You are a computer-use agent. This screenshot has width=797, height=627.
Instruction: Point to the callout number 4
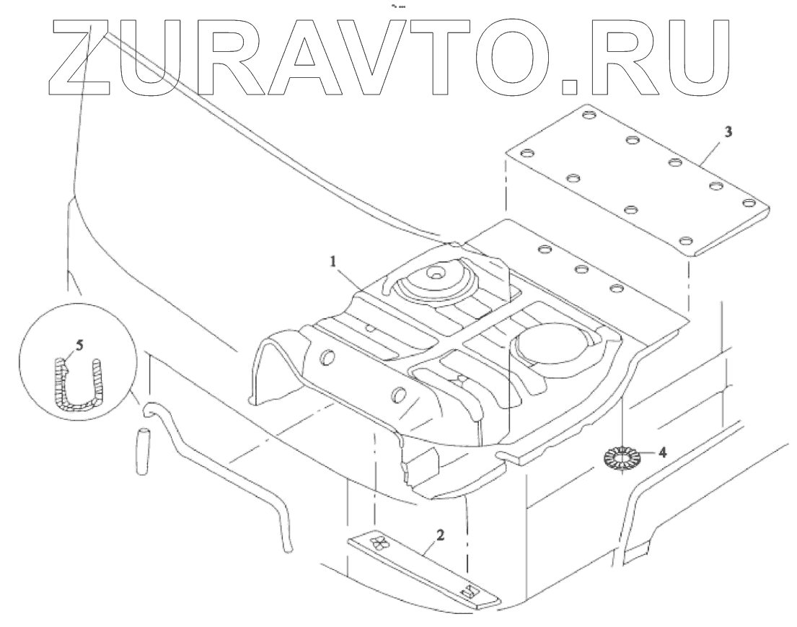coord(662,453)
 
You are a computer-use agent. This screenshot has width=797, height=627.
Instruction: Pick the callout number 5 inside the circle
coord(79,345)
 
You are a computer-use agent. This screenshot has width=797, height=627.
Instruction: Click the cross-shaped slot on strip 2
coord(377,543)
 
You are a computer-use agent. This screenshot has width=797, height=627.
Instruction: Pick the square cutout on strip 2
coord(470,592)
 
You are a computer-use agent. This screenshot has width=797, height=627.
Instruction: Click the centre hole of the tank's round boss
coord(436,273)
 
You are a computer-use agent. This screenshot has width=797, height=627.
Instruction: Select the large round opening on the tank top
coord(550,345)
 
